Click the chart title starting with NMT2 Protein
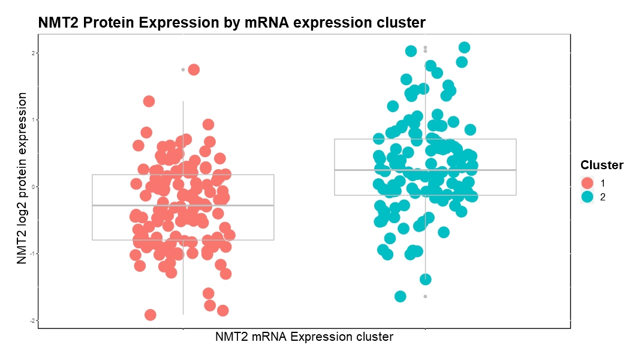click(231, 23)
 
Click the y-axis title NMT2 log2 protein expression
click(22, 178)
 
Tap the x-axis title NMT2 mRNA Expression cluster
click(304, 337)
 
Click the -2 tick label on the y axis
click(34, 320)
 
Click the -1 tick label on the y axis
click(34, 253)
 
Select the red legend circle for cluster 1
click(587, 182)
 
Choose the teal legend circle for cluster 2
click(587, 196)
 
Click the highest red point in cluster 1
click(194, 70)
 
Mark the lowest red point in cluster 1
click(151, 315)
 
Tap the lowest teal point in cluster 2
click(401, 296)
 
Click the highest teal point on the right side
click(464, 47)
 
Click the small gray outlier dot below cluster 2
click(425, 296)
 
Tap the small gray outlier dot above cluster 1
click(183, 70)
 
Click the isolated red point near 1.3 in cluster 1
click(149, 101)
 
